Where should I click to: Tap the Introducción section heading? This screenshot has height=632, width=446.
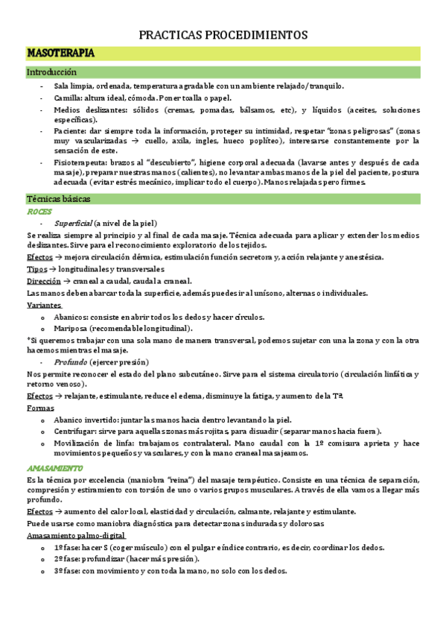click(x=51, y=73)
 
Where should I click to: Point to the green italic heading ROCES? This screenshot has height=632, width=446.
click(x=39, y=212)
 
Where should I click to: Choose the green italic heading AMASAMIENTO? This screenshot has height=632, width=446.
click(x=54, y=468)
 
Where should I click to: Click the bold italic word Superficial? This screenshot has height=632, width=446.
click(x=73, y=224)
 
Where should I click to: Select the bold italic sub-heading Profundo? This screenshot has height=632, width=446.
click(x=69, y=362)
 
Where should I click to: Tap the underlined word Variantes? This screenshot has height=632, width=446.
click(x=44, y=306)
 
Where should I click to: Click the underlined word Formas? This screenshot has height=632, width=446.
click(x=39, y=408)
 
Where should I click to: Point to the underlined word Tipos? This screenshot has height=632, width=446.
click(x=36, y=269)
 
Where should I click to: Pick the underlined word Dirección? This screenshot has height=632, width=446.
click(x=43, y=281)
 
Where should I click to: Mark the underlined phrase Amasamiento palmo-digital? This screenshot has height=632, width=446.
click(x=75, y=536)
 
